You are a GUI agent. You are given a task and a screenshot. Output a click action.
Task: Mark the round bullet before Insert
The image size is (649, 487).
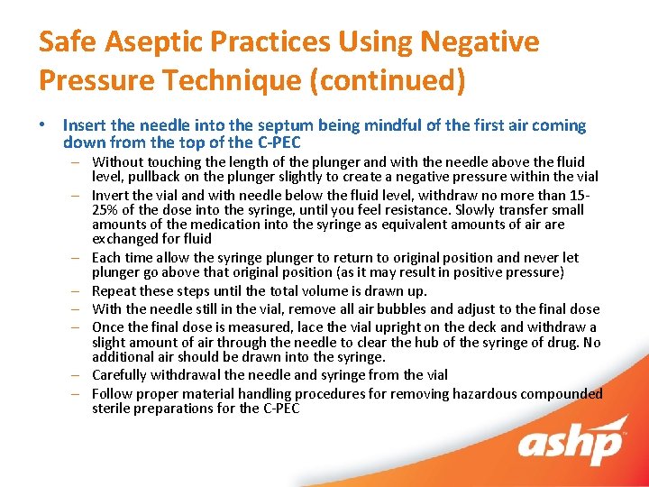pyautogui.click(x=45, y=126)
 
